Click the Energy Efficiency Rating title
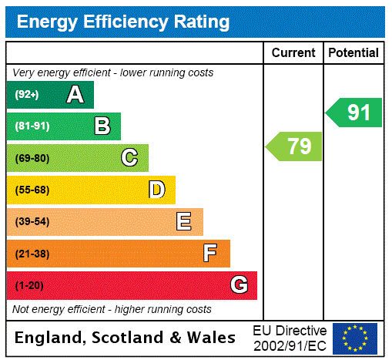tap(123, 22)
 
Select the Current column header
tap(293, 53)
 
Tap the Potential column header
tap(353, 53)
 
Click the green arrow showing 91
tap(355, 113)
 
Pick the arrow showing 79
tap(296, 146)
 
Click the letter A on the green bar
tap(75, 95)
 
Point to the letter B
tap(102, 126)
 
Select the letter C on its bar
tap(129, 158)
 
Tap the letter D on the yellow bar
tap(156, 190)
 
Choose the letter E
tap(183, 222)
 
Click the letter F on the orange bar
tap(210, 253)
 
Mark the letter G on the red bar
tap(239, 285)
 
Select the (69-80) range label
tap(32, 158)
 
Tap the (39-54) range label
tap(32, 222)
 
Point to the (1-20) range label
tap(29, 285)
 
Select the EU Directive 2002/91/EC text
tap(290, 338)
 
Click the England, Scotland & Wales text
tap(126, 338)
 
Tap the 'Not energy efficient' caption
tap(112, 309)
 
